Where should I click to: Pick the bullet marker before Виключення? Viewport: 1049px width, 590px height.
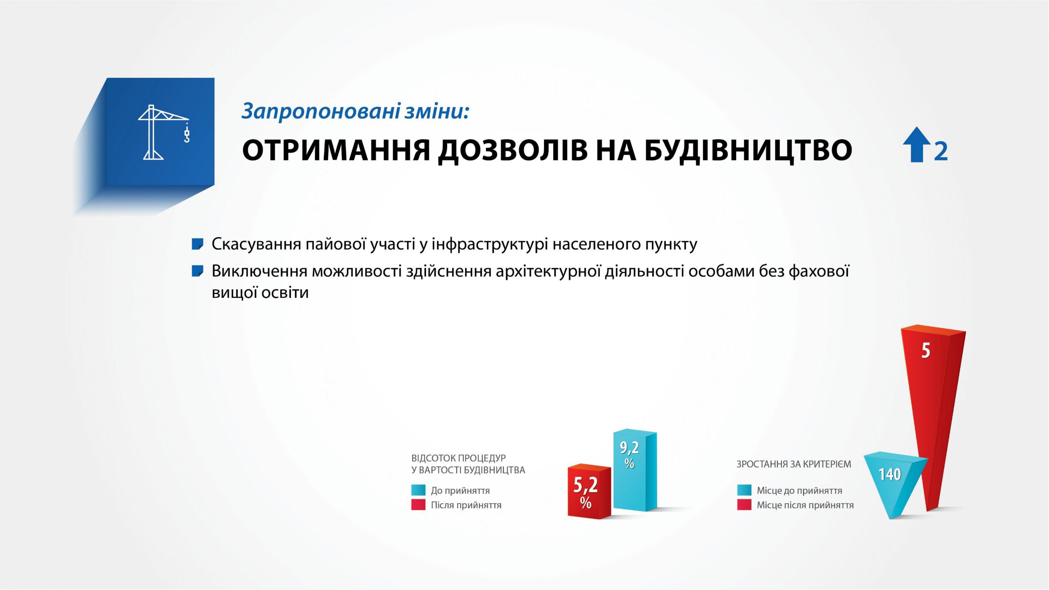(x=197, y=271)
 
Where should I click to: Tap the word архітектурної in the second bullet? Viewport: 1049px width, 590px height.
(x=548, y=271)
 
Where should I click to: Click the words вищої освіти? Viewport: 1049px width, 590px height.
(x=260, y=293)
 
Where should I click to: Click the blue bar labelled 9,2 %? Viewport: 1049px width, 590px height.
(x=635, y=470)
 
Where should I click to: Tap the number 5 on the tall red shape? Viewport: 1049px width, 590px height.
(x=926, y=351)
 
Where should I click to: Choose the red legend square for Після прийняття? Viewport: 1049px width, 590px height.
(x=418, y=505)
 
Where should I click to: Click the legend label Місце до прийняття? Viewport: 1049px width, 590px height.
(x=799, y=491)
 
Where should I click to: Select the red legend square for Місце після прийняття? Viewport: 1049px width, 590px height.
(x=744, y=505)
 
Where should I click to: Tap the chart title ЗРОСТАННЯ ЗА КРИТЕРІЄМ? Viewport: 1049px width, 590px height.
(x=794, y=464)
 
